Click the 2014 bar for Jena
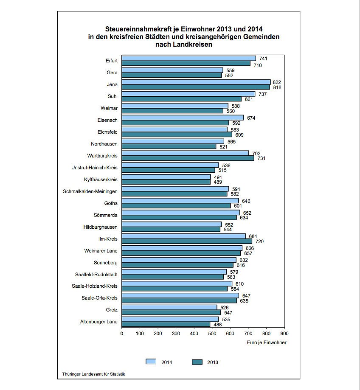[196, 82]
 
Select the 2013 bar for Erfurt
[186, 63]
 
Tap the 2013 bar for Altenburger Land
[166, 324]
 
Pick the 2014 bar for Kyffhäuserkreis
[166, 177]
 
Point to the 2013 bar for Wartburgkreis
[188, 158]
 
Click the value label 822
[277, 82]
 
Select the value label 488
[217, 325]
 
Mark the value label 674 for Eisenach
[250, 118]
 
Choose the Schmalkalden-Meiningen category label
[90, 191]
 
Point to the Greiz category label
[111, 310]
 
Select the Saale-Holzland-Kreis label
[95, 286]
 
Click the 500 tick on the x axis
[212, 334]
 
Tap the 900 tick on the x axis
[284, 334]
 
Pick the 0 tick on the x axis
[122, 334]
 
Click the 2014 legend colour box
[151, 362]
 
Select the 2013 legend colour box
[197, 362]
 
